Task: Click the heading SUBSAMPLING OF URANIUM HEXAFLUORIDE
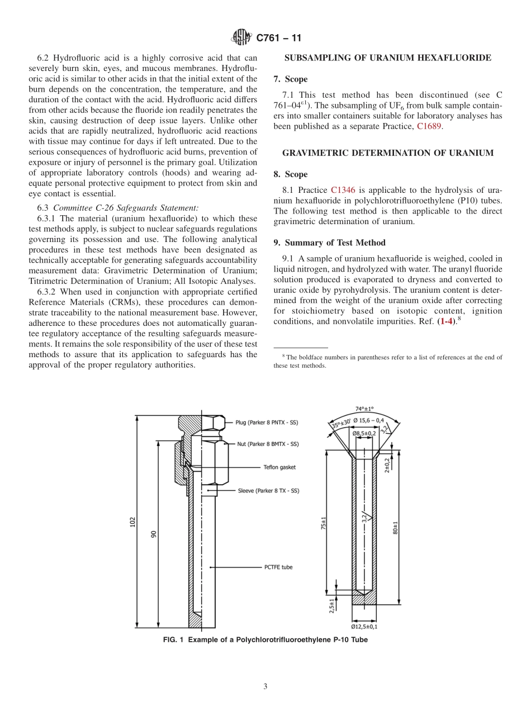[388, 58]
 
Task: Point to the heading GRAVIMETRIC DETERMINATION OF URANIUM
[388, 153]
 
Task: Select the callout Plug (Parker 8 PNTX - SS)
[266, 423]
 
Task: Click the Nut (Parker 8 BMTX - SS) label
[267, 444]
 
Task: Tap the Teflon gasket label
[279, 467]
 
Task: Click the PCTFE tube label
[278, 567]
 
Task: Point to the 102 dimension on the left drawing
[132, 522]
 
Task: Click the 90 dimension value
[154, 534]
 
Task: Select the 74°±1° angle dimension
[364, 409]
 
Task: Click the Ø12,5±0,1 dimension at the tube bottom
[364, 627]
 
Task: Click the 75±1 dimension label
[324, 525]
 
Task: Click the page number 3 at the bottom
[265, 687]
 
